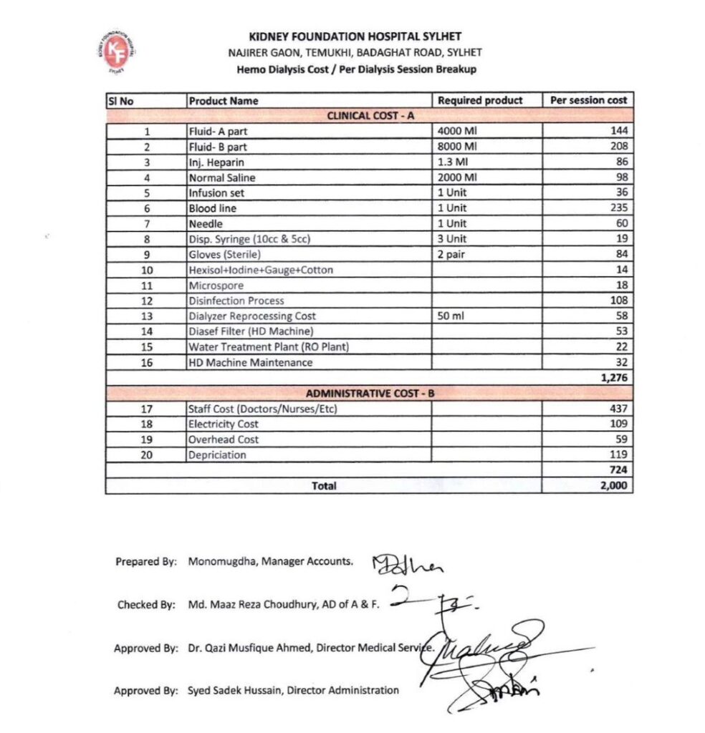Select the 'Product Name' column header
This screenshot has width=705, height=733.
pyautogui.click(x=224, y=101)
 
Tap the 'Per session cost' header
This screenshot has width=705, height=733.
pyautogui.click(x=588, y=100)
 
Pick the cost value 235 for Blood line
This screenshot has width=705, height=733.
pyautogui.click(x=618, y=208)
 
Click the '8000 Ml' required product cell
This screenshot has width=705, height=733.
pyautogui.click(x=457, y=147)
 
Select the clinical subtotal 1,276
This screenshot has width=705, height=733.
pyautogui.click(x=614, y=378)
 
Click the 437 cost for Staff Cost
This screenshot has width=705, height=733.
pyautogui.click(x=618, y=409)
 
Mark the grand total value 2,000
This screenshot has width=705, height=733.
pyautogui.click(x=614, y=486)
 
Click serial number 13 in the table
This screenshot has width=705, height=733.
pyautogui.click(x=147, y=316)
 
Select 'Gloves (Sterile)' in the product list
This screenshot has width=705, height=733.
pyautogui.click(x=224, y=255)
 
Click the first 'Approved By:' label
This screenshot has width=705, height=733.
pyautogui.click(x=145, y=649)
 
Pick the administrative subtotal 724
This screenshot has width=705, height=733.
pyautogui.click(x=618, y=470)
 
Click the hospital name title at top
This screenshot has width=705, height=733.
pyautogui.click(x=355, y=37)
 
